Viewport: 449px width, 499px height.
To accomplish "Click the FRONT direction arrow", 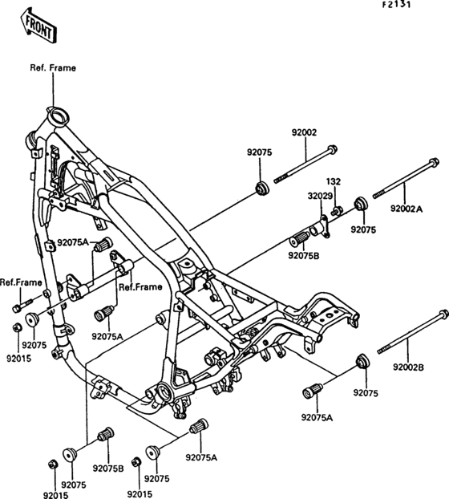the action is (38, 26).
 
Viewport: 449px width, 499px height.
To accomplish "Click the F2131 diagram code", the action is (397, 5).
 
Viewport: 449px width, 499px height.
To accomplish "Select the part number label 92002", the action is (305, 132).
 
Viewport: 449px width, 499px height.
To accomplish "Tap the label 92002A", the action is (407, 209).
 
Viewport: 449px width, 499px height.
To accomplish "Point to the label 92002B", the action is (409, 367).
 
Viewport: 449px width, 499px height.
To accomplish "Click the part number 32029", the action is (320, 196).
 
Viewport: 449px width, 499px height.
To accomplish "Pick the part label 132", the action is (334, 181).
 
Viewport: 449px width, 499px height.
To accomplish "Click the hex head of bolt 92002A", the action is (434, 163).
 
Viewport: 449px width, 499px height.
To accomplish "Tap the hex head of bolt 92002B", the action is (443, 314).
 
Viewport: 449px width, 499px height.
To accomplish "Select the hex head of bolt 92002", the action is (332, 149).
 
